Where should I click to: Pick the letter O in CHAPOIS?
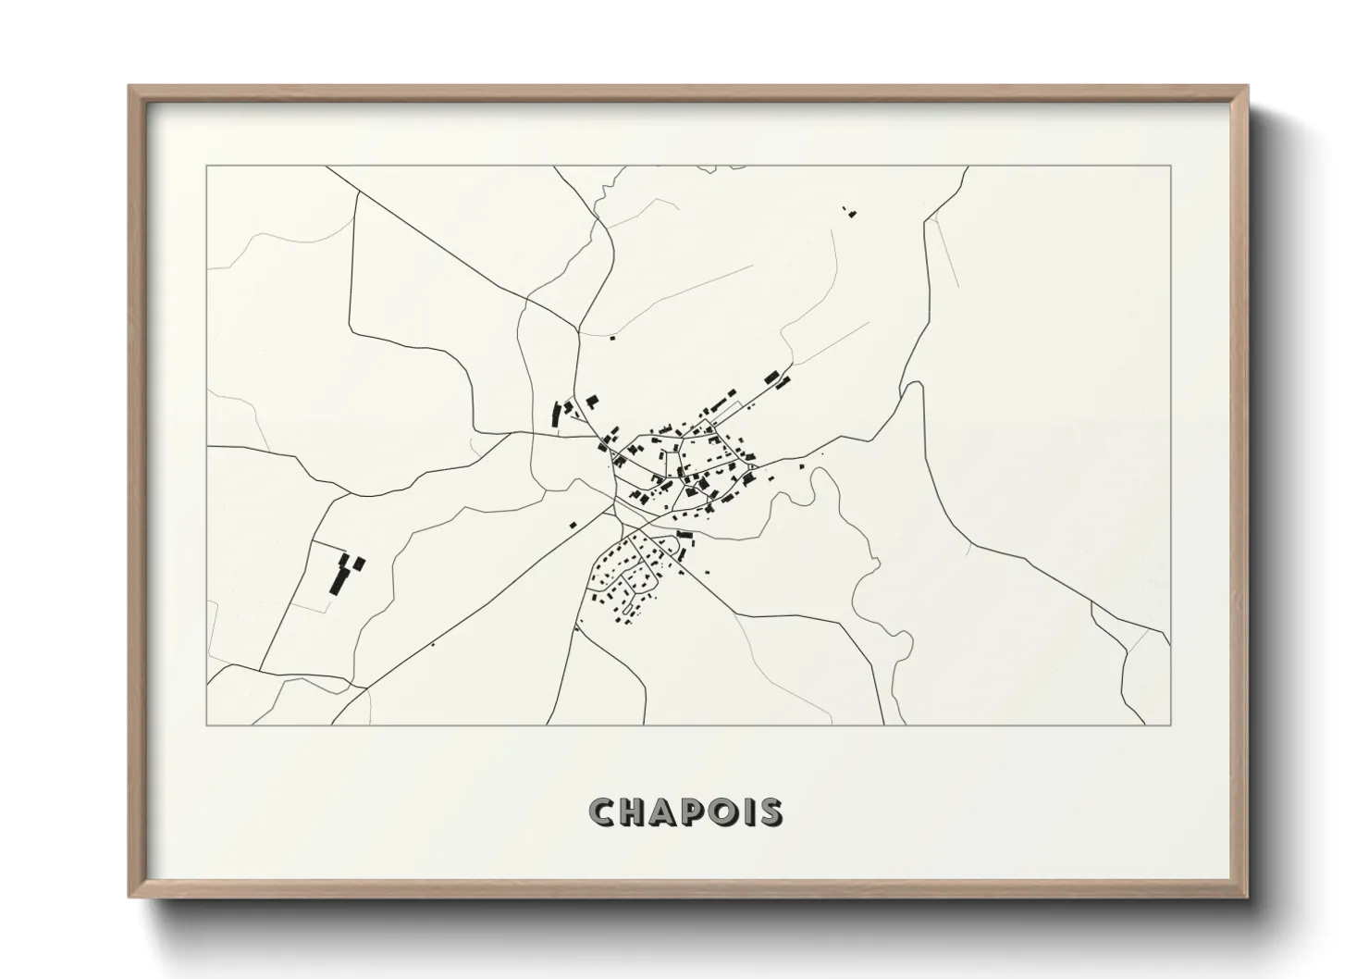click(x=724, y=812)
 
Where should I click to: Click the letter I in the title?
click(x=747, y=812)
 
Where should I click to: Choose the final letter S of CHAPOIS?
click(x=769, y=812)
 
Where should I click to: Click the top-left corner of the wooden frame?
click(x=129, y=87)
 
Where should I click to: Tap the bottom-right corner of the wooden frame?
click(x=1247, y=897)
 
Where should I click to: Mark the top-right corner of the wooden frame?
click(x=1247, y=87)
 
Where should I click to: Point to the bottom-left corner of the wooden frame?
click(x=129, y=897)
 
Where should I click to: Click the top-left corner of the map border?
click(x=206, y=167)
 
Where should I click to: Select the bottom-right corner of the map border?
click(x=1170, y=725)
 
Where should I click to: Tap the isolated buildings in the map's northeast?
click(x=849, y=212)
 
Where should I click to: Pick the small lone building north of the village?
click(x=611, y=338)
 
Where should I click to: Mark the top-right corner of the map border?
click(x=1170, y=167)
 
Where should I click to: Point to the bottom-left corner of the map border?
click(x=206, y=725)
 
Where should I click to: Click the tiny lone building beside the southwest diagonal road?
click(x=433, y=644)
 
